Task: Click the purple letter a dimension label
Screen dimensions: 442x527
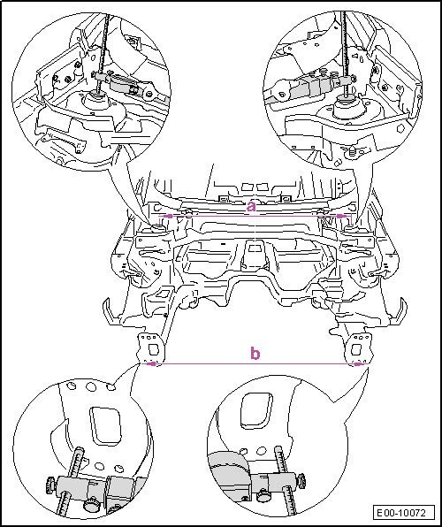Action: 251,206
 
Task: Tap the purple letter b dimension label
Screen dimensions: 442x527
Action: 255,353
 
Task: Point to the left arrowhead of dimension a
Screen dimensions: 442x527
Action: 167,216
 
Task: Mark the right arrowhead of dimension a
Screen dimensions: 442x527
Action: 342,216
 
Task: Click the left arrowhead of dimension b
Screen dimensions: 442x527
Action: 152,363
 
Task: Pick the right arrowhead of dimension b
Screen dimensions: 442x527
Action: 360,363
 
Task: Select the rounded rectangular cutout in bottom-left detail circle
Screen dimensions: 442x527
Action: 104,424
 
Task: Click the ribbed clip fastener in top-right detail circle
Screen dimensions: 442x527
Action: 352,152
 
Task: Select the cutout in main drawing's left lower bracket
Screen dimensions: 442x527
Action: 153,350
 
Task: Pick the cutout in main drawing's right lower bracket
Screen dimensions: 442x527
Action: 355,350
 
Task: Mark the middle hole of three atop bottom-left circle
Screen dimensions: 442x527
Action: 91,386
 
